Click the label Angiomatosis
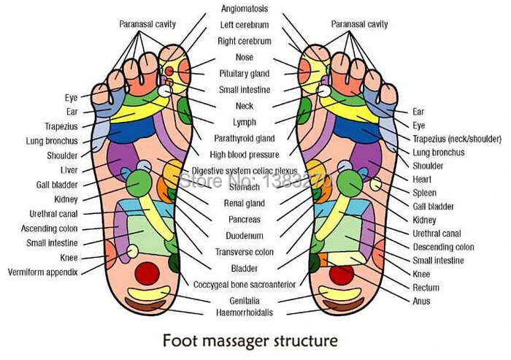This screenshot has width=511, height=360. [244, 9]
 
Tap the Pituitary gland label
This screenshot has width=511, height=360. [244, 74]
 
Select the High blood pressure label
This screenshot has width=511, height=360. [244, 155]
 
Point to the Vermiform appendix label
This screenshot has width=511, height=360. [42, 271]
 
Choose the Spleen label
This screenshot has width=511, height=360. [425, 193]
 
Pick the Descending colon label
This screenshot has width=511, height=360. [443, 247]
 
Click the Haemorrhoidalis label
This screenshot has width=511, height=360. [244, 313]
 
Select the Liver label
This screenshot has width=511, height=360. [69, 169]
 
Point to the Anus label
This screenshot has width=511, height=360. [421, 301]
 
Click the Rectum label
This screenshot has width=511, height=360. [425, 287]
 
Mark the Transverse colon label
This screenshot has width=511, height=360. [244, 252]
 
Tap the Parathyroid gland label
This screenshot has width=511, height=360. [244, 138]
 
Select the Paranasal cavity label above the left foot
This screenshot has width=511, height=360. [147, 24]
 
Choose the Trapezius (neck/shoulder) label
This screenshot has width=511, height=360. [457, 139]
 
